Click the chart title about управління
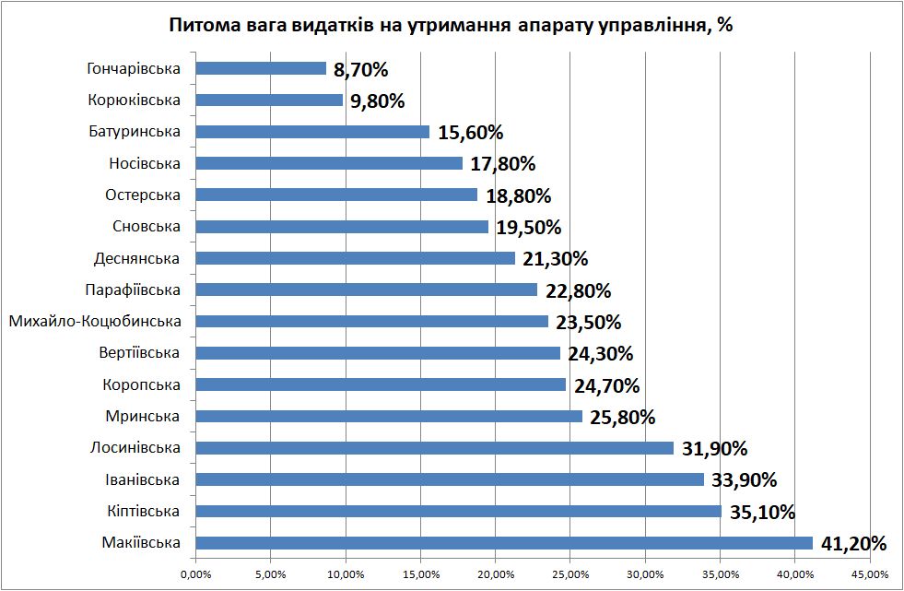(451, 25)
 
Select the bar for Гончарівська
(262, 68)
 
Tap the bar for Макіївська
(504, 543)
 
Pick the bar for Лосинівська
(435, 448)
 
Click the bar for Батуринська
(313, 132)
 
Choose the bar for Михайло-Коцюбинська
(372, 322)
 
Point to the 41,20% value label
(853, 544)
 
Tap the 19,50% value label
(529, 228)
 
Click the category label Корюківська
(135, 100)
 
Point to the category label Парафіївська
(132, 290)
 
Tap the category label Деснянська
(137, 259)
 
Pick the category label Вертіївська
(139, 353)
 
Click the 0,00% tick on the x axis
(196, 575)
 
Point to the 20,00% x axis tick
(495, 575)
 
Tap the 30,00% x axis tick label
(645, 575)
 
